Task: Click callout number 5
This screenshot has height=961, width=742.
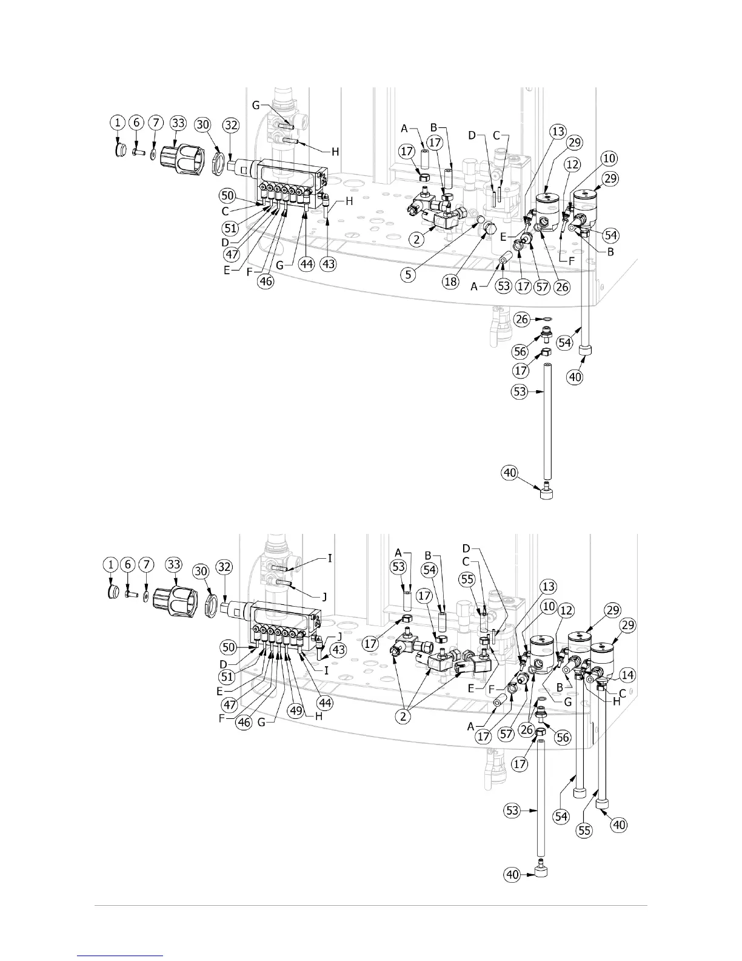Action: click(409, 274)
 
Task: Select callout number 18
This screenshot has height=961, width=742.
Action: click(450, 282)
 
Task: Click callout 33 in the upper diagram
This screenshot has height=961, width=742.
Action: click(178, 123)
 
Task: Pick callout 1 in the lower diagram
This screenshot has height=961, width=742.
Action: click(111, 564)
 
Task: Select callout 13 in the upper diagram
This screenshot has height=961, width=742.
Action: click(558, 132)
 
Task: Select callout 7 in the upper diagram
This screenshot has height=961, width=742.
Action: click(156, 123)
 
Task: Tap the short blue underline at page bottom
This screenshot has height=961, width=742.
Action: click(121, 956)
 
